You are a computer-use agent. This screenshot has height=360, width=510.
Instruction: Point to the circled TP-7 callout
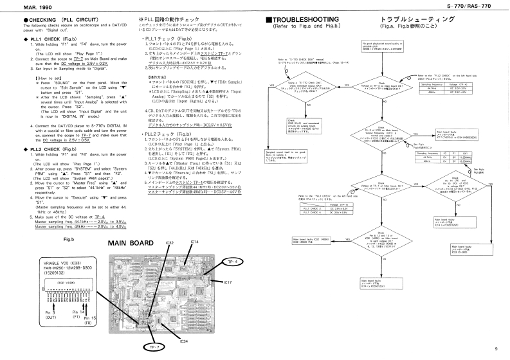[x=152, y=348]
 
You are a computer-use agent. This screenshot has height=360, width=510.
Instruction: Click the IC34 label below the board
[x=165, y=342]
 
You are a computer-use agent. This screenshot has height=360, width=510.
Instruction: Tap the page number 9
[x=496, y=349]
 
